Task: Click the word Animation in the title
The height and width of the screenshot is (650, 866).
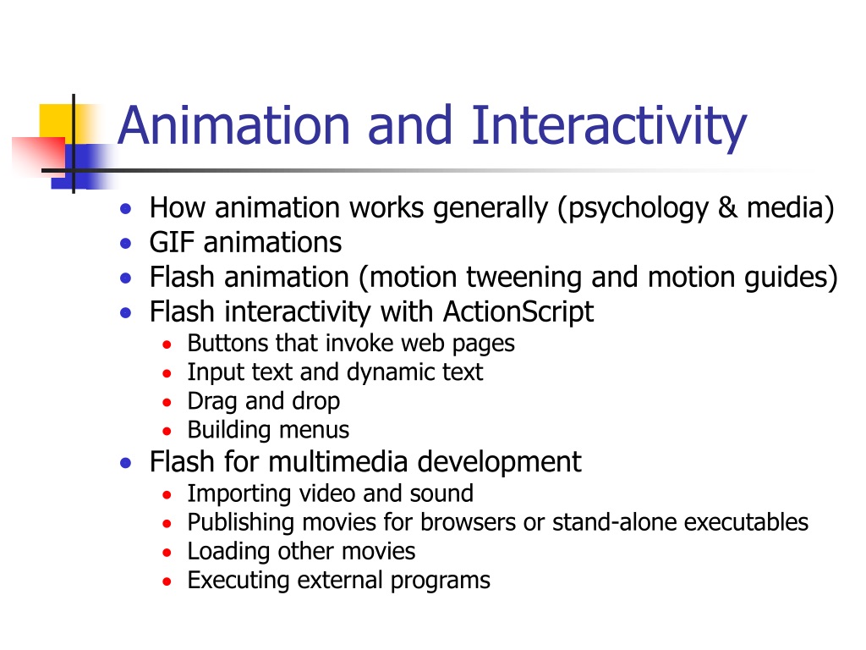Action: coord(234,125)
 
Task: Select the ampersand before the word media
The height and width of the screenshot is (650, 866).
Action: coord(727,208)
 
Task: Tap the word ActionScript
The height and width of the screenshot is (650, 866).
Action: coord(518,312)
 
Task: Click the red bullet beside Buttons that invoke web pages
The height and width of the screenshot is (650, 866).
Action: coord(167,345)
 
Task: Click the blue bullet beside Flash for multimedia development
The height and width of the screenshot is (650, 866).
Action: coord(126,463)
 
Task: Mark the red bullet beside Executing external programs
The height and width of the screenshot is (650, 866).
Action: coord(167,581)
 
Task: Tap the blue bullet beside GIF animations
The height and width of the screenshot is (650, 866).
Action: coord(126,244)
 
